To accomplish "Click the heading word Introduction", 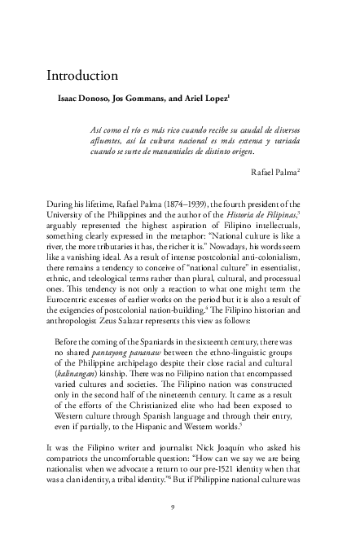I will point(83,76).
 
